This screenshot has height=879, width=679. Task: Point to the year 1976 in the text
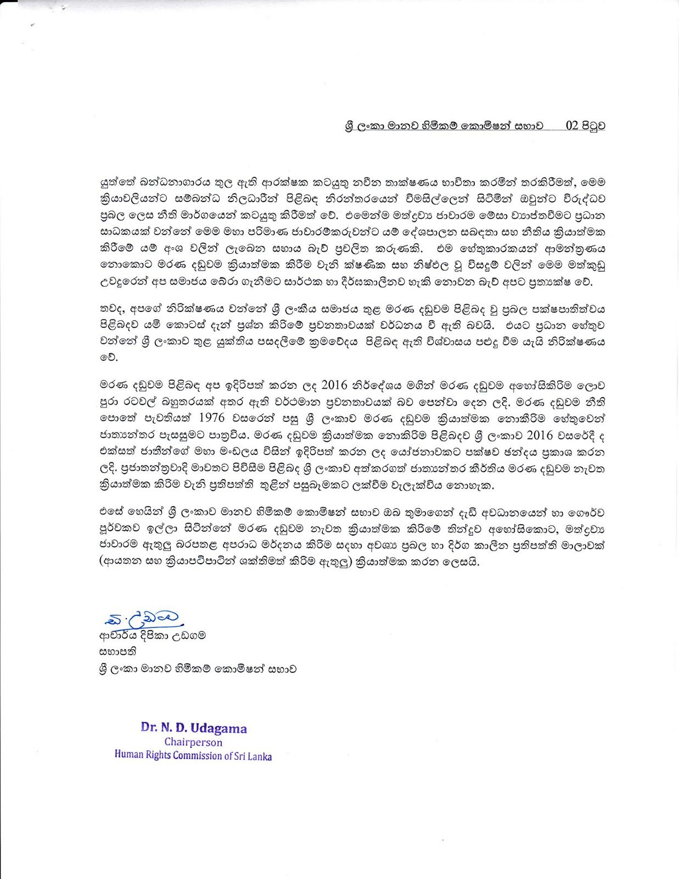pos(211,417)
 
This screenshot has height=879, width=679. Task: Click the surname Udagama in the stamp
pos(218,729)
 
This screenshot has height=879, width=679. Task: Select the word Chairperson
pos(193,742)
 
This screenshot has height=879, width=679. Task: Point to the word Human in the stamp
pos(128,754)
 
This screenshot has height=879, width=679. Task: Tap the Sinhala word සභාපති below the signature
pos(117,652)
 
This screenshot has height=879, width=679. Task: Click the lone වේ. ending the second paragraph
pos(105,358)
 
